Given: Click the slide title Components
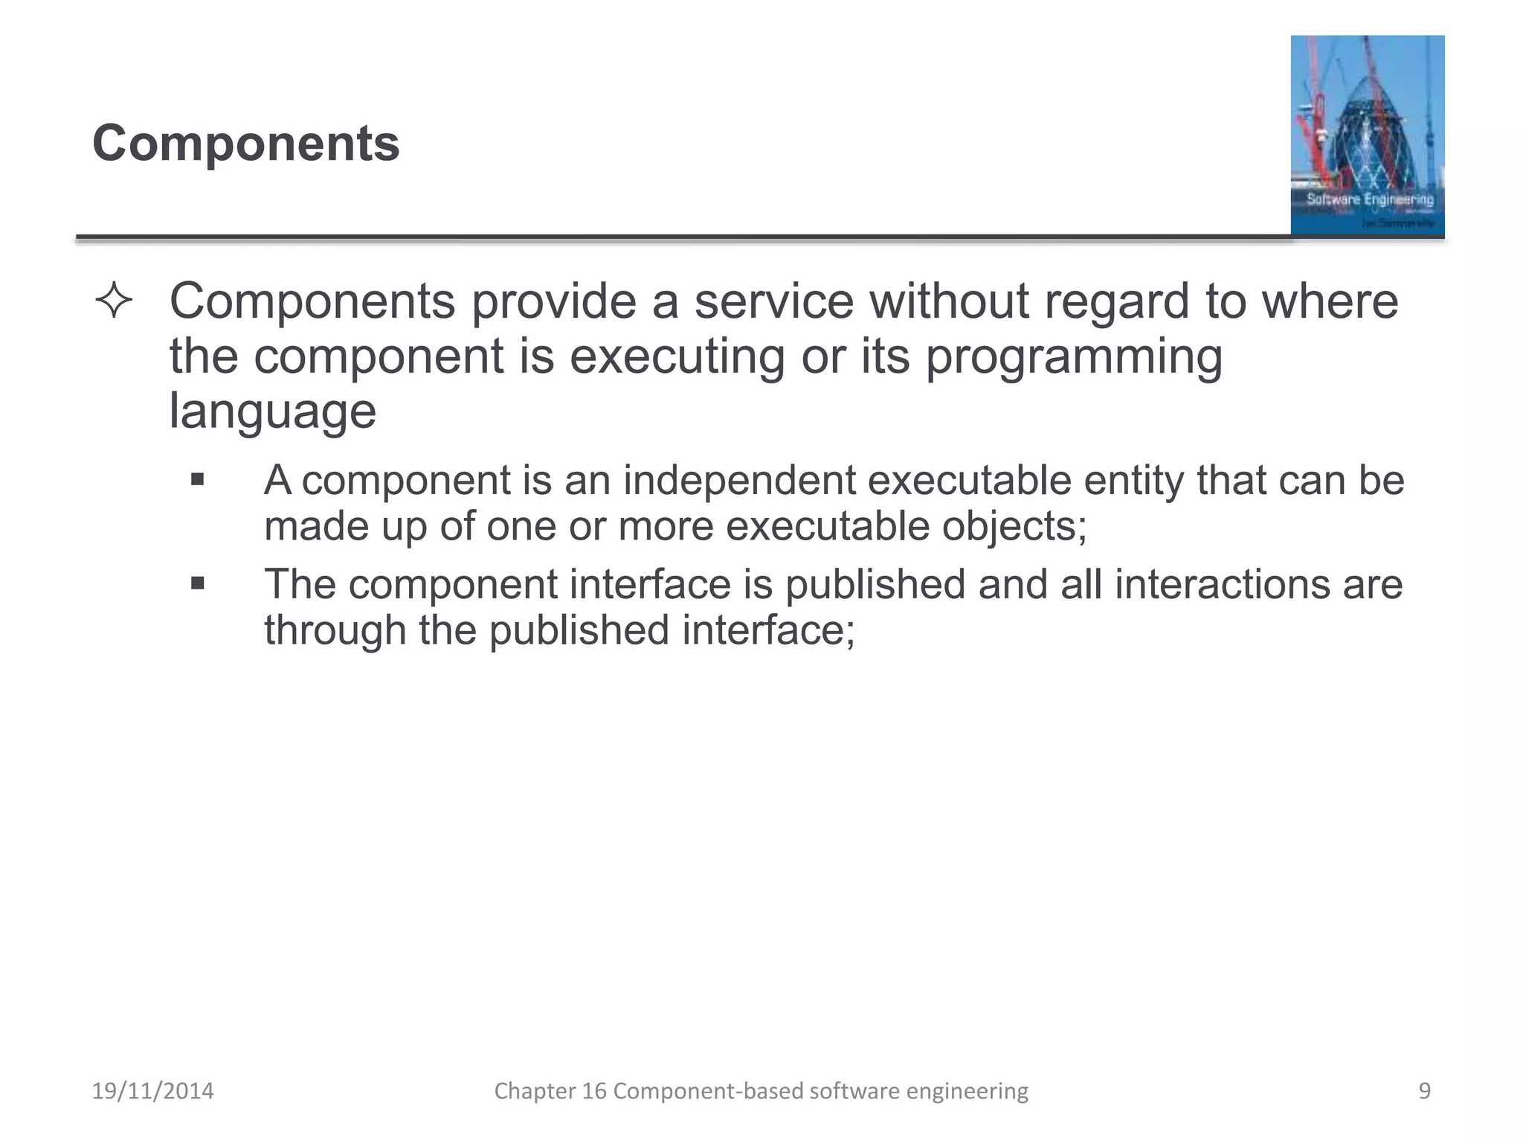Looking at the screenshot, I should click(245, 143).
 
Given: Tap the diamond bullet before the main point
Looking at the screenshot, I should click(114, 301).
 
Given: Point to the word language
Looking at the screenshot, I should click(272, 412).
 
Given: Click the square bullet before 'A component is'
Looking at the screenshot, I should click(197, 479).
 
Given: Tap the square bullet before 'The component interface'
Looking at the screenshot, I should click(197, 583).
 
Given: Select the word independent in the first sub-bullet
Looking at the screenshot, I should click(739, 480).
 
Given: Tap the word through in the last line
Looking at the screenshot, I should click(335, 630).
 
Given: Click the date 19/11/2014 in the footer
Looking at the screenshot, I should click(152, 1091).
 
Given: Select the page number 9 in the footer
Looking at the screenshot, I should click(1424, 1091).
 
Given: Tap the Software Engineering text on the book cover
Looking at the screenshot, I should click(1370, 199).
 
